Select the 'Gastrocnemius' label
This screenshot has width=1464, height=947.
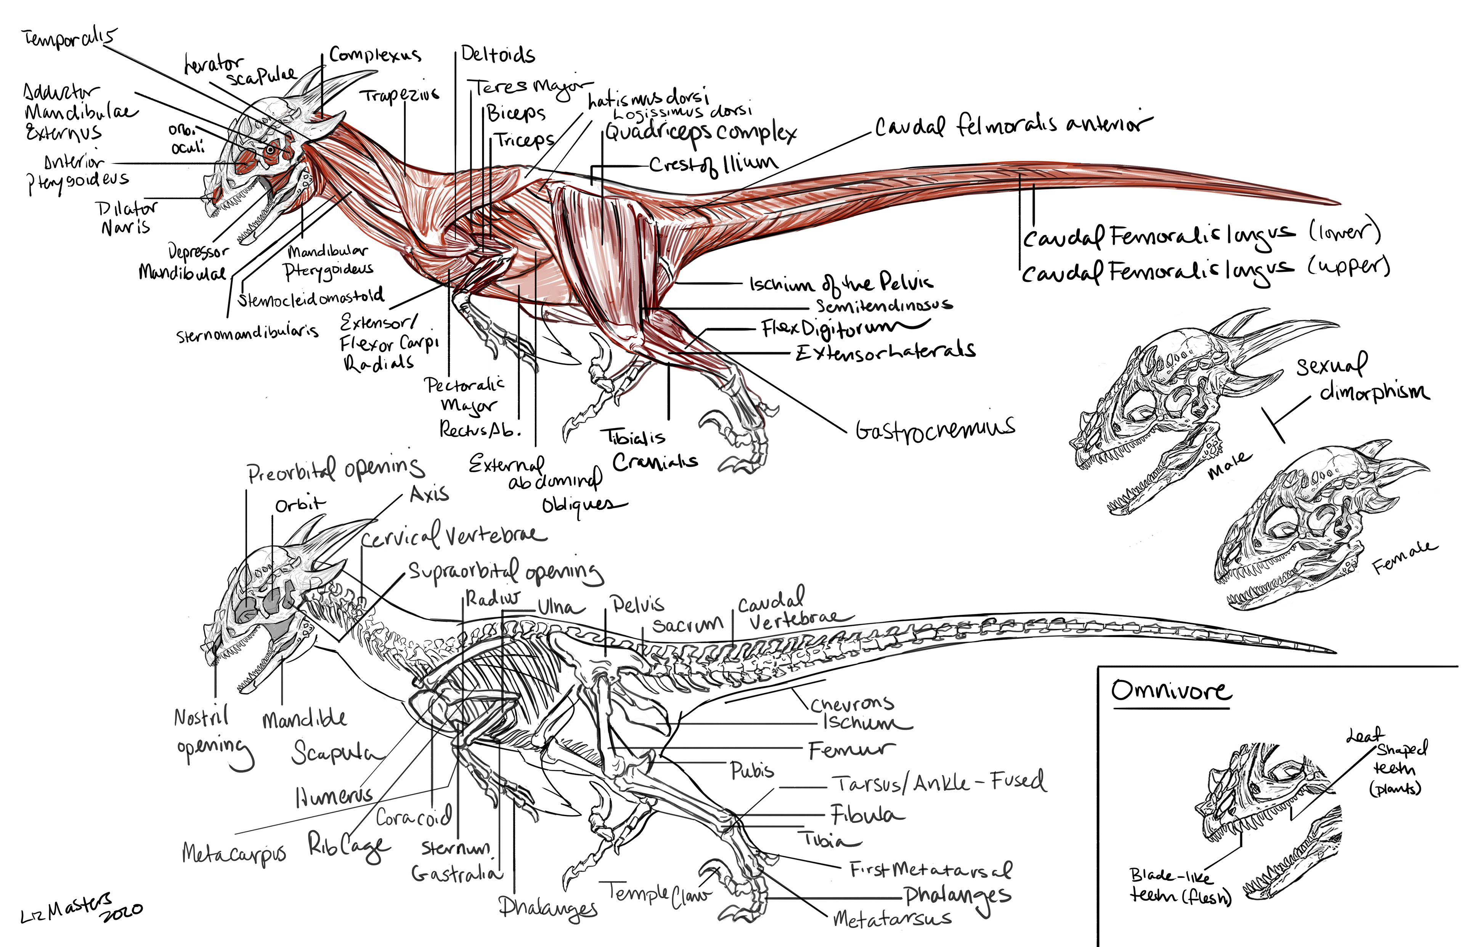[x=934, y=429]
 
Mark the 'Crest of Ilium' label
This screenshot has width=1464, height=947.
[x=714, y=164]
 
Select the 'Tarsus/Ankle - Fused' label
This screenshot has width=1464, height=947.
[x=938, y=783]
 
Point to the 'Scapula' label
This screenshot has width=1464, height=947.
[x=332, y=752]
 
